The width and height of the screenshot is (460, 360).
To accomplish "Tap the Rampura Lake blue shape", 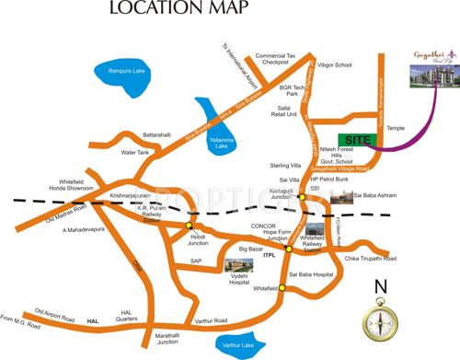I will pos(123,80).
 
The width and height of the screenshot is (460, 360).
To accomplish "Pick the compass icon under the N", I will pos(379,321).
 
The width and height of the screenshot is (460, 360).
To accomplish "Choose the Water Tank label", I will pos(135,152).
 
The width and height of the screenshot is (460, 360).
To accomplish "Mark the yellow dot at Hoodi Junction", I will pos(189,225).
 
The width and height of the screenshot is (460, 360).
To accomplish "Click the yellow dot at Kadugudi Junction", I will pos(301,197).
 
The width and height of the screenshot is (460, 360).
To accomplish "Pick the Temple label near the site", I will pos(397,128).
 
